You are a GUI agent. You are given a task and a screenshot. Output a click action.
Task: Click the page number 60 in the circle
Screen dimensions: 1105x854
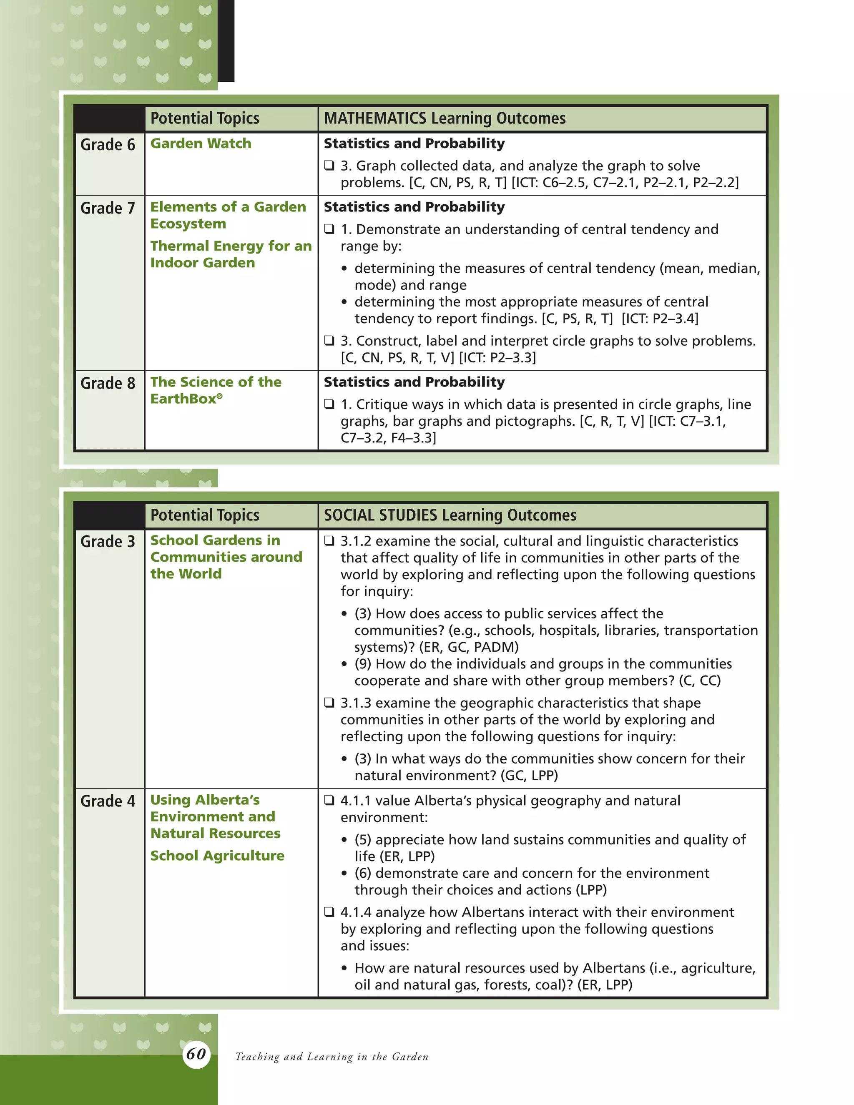[196, 1054]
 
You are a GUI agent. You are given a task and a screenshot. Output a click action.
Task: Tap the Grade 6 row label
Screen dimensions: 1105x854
[108, 145]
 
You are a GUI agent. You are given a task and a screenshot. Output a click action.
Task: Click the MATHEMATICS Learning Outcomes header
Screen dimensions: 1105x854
[444, 118]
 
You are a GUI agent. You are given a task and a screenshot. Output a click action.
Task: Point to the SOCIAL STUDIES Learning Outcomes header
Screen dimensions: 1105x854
[450, 515]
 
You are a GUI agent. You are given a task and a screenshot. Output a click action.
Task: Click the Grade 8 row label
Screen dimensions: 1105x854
[108, 383]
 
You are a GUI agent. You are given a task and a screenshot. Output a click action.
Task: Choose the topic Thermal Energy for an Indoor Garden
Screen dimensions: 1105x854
[231, 254]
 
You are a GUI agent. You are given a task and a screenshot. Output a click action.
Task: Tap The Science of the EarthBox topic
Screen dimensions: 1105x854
[216, 390]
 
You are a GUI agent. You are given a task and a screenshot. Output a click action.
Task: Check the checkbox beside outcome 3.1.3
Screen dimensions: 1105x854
[329, 702]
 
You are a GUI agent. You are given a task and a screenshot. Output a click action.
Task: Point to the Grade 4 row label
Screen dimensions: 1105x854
[108, 801]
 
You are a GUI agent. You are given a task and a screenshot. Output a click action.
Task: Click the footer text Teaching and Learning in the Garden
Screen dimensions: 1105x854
[332, 1057]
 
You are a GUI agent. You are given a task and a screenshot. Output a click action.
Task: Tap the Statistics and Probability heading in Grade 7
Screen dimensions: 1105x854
[414, 207]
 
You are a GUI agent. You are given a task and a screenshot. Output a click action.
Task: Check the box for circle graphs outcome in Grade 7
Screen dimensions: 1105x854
[329, 341]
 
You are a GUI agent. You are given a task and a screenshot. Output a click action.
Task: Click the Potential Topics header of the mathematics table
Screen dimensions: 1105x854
[204, 118]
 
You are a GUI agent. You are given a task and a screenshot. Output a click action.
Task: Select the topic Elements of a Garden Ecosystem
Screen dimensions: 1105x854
[228, 215]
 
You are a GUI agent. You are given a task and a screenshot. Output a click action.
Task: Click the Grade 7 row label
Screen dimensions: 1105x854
[108, 208]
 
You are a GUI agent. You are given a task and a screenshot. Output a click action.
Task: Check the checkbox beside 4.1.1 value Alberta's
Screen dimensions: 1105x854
[329, 801]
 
